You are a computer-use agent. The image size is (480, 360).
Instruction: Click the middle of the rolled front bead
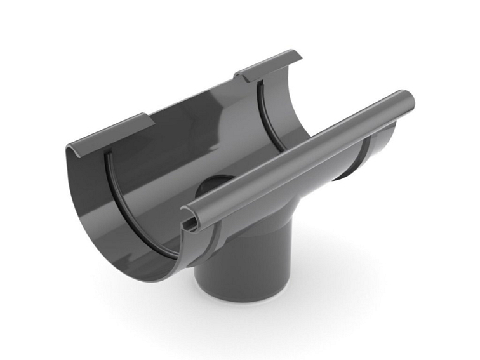point(298,159)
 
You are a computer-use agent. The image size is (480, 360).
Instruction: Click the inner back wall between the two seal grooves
point(190,140)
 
